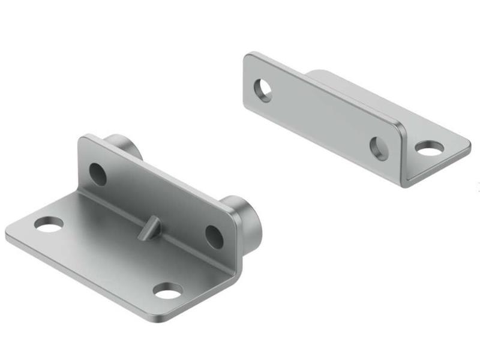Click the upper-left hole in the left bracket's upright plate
[98, 173]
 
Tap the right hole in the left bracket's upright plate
[214, 236]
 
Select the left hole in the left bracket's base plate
[49, 224]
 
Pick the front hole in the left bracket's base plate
[167, 291]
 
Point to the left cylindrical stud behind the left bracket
[124, 147]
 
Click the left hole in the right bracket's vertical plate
[263, 90]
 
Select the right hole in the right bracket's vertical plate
[378, 147]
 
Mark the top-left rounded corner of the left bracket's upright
[84, 139]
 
